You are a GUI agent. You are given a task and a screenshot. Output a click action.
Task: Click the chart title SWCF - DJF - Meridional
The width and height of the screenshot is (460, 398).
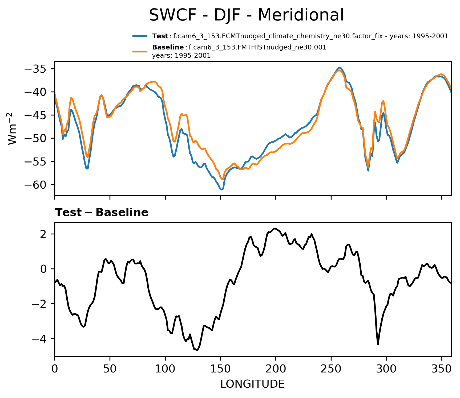coord(246,15)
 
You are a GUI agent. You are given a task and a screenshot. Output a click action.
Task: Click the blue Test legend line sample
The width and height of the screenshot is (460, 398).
coord(140,36)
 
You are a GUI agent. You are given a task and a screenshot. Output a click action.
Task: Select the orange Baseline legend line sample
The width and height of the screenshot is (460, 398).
coord(140,51)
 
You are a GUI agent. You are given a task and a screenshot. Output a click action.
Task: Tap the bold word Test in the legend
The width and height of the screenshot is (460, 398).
coord(160,36)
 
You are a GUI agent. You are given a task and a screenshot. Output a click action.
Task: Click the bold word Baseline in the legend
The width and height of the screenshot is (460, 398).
coord(168,47)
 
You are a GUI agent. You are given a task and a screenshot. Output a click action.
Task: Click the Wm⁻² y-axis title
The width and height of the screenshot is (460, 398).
coord(13,128)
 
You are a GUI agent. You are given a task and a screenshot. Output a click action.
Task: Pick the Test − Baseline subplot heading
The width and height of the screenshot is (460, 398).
coord(102,213)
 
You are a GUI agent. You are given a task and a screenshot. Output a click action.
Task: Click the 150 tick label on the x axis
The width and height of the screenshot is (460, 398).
coord(220,369)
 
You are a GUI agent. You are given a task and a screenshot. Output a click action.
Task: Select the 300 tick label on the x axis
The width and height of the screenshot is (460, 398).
coord(386,369)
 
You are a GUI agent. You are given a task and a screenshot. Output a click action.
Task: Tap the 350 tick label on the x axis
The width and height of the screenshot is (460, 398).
coord(441,369)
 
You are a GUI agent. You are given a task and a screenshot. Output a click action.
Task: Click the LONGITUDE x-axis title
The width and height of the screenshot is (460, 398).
coord(253,384)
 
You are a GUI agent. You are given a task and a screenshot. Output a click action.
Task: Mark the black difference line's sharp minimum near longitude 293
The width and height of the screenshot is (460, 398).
coord(378,344)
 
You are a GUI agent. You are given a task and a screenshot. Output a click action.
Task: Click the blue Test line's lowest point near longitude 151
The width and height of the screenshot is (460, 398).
coord(221,189)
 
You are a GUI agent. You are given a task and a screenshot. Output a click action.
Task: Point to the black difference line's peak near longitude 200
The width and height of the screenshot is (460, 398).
coord(275,229)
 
